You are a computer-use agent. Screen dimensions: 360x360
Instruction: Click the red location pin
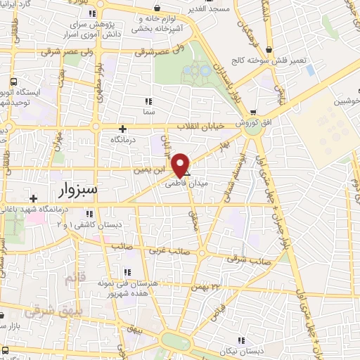click(181, 165)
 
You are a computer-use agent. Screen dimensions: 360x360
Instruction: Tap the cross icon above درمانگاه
click(123, 128)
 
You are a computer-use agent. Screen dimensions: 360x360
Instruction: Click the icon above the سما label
click(148, 101)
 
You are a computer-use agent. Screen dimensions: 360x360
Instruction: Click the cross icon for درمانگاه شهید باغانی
click(32, 199)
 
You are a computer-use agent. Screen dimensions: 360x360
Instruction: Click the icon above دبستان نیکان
click(240, 340)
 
